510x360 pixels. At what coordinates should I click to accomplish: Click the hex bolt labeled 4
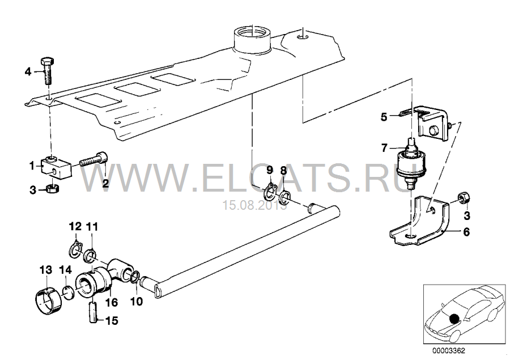click(47, 71)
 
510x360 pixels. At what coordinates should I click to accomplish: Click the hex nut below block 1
click(52, 188)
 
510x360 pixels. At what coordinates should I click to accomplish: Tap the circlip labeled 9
click(270, 193)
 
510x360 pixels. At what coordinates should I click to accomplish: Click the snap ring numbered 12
click(76, 249)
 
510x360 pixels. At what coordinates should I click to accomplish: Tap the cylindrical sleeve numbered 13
click(48, 297)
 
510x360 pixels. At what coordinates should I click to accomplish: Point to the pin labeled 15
click(93, 312)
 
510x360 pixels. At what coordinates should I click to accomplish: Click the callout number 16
click(112, 302)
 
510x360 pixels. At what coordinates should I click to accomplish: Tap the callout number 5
click(384, 117)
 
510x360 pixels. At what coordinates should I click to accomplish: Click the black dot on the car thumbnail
click(453, 318)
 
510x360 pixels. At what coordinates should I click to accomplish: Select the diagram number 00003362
click(449, 351)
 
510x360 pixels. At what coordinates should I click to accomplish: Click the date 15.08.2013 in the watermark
click(254, 205)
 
